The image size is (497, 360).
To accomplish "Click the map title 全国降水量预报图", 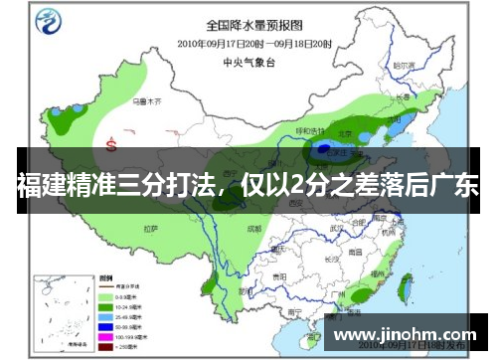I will [253, 24].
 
